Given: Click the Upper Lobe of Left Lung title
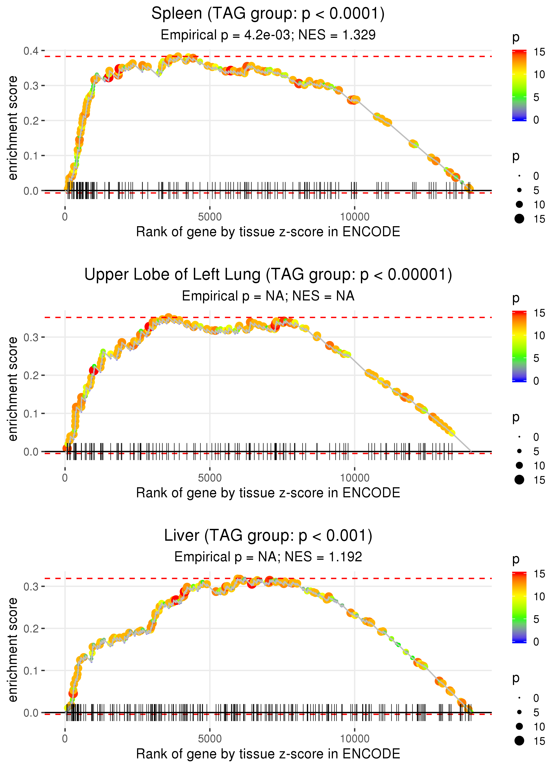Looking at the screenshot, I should (268, 275).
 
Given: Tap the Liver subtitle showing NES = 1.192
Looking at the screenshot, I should (268, 557).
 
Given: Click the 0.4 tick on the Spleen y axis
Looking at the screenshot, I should (31, 51).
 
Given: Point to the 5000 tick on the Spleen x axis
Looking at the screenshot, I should (210, 217).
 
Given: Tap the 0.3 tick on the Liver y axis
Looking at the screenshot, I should (31, 586).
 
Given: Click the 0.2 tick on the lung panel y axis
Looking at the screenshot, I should (31, 376).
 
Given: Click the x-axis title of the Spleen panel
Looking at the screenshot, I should (268, 232).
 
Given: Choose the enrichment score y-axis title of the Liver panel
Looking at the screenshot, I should (13, 650).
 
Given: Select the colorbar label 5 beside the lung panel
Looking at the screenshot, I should (536, 358).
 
